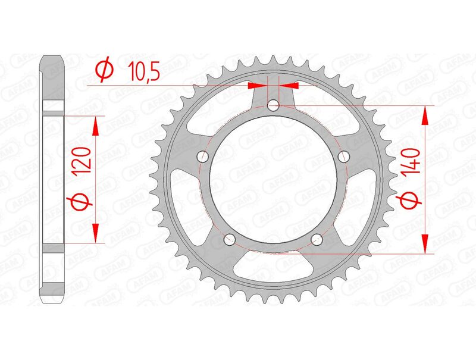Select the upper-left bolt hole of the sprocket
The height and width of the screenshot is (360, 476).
point(202,157)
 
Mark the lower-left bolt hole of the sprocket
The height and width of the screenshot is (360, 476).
point(228,240)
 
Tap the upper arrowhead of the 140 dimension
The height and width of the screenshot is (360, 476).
point(425,115)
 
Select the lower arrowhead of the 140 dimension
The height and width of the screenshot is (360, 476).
point(425,244)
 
